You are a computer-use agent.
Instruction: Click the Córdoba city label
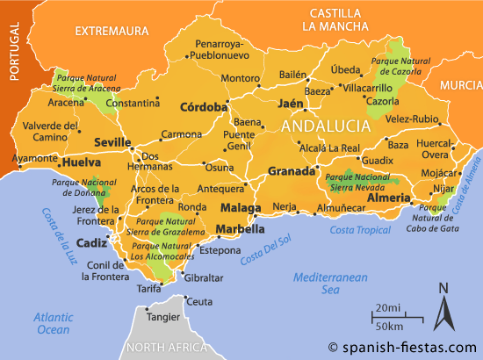[203, 108]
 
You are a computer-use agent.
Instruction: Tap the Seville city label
[113, 142]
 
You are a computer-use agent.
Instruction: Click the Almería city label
[388, 199]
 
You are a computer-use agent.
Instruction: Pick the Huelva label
[78, 162]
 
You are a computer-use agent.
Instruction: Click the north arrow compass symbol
[443, 312]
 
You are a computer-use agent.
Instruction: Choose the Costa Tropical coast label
[360, 229]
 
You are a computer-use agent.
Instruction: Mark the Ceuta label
[199, 301]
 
